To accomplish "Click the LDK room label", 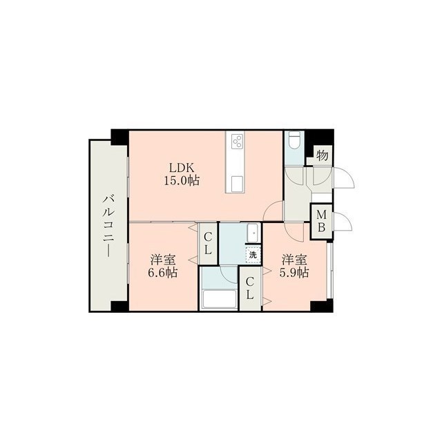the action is point(182,168).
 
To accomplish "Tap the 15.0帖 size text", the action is point(182,180).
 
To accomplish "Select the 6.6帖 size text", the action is point(163,273).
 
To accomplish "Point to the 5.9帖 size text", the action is point(294,273).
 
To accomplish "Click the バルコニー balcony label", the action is point(108,226).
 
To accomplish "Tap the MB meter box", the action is point(322,222).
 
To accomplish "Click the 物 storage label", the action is point(323,155).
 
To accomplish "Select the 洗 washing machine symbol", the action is point(253,256).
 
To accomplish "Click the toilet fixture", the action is point(294,140).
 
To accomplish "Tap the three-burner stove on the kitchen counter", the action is point(237,141).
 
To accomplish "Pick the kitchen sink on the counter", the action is point(237,184).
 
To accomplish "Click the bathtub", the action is point(220,299).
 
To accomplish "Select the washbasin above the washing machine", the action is point(253,233).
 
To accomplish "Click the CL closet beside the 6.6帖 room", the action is point(208,244).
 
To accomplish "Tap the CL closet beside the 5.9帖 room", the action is point(250,289).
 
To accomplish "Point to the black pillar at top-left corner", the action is point(119,137).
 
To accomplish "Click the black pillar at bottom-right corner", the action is point(322,306).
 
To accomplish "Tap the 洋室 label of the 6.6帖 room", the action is point(163,260).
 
